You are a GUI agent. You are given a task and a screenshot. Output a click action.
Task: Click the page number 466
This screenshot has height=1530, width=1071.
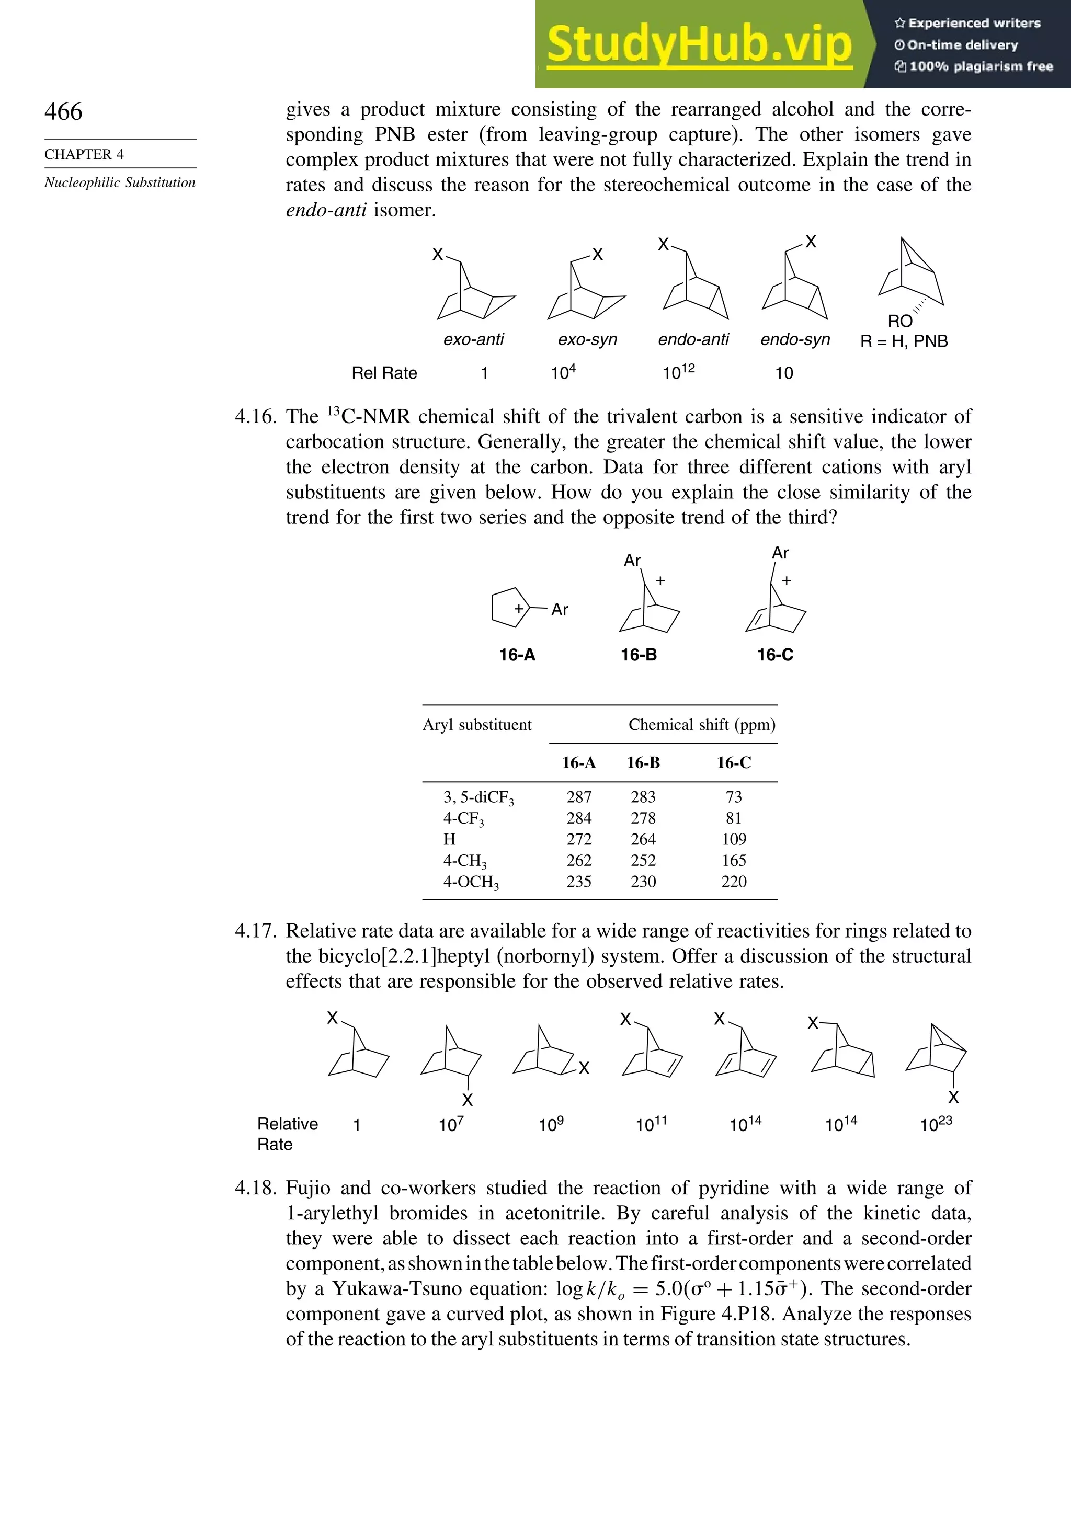(63, 111)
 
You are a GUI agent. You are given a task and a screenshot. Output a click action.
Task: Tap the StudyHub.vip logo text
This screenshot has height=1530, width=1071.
(699, 44)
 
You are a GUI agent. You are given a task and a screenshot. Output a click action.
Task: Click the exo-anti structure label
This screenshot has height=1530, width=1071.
(473, 340)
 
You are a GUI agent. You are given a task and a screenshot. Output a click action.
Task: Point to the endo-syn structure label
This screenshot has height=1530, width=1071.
(795, 340)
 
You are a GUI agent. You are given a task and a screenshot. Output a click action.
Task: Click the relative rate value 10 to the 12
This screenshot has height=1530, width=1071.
(678, 371)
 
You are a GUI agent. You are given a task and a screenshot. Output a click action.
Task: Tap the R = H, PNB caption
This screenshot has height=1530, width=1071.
(904, 341)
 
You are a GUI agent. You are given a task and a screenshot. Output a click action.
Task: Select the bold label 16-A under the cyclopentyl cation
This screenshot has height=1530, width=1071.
(517, 655)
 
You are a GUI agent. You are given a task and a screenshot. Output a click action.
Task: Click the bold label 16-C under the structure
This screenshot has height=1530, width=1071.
(775, 655)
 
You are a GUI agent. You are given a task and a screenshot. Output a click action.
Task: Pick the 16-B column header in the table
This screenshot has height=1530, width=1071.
(643, 763)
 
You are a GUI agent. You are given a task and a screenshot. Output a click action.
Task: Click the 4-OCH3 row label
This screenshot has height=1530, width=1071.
(471, 882)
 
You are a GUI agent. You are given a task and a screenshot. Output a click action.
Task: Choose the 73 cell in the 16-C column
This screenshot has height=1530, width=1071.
(734, 797)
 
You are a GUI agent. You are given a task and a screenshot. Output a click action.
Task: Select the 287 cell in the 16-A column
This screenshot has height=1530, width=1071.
(578, 797)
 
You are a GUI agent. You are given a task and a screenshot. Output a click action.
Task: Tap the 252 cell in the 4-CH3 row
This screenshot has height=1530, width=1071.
(643, 860)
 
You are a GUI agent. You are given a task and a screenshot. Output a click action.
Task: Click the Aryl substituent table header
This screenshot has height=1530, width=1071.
(477, 725)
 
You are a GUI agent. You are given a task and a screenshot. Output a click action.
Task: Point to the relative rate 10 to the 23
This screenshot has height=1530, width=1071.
(936, 1124)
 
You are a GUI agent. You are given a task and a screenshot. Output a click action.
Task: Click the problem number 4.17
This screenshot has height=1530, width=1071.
(255, 931)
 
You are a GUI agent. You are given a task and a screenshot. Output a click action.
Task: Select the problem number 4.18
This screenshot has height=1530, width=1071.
(255, 1188)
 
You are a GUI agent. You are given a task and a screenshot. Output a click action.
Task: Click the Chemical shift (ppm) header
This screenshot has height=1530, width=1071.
(702, 725)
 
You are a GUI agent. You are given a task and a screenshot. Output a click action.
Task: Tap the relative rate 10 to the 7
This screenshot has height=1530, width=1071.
(451, 1125)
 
